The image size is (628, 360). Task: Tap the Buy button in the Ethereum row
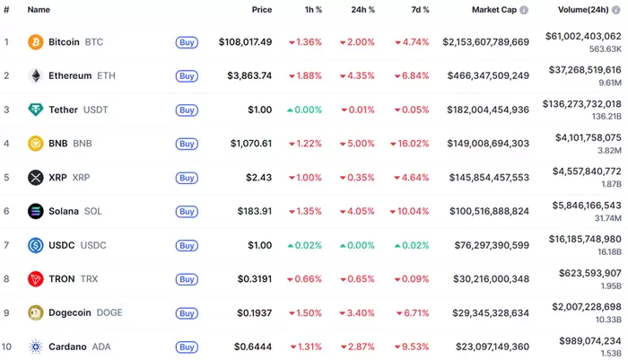click(187, 76)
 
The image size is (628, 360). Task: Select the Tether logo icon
click(36, 110)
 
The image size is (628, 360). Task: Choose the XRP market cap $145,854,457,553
click(487, 178)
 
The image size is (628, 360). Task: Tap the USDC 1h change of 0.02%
click(304, 245)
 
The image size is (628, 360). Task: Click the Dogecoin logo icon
click(36, 313)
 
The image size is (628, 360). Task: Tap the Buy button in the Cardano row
click(187, 347)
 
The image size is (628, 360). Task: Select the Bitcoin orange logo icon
click(36, 42)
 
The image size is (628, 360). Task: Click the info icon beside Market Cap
click(525, 10)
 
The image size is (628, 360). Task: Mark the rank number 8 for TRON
click(6, 279)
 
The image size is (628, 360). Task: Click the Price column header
click(261, 10)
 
